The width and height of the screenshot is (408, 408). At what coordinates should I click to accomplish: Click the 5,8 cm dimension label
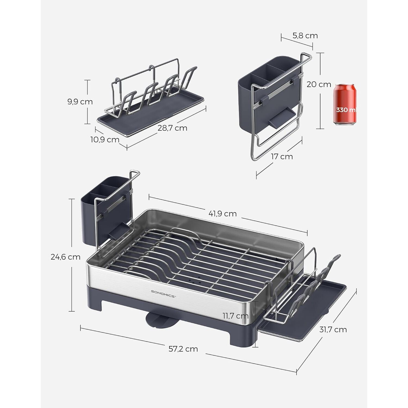coord(305,36)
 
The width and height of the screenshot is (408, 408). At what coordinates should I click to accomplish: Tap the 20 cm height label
coord(319,84)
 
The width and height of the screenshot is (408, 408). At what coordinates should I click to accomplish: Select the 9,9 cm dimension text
coord(80,102)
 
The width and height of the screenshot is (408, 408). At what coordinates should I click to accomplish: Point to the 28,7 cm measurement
coord(172,128)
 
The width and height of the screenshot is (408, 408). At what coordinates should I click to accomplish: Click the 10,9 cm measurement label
coord(105,140)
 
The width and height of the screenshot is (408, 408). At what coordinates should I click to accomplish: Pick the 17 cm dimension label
coord(282,157)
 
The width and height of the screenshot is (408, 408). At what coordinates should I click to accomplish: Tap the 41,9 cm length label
coord(222,214)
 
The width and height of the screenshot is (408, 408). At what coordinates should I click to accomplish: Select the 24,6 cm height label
coord(65,257)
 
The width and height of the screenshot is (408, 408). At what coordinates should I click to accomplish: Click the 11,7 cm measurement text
coord(236,316)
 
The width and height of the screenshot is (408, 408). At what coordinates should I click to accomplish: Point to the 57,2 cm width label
coord(183,349)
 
